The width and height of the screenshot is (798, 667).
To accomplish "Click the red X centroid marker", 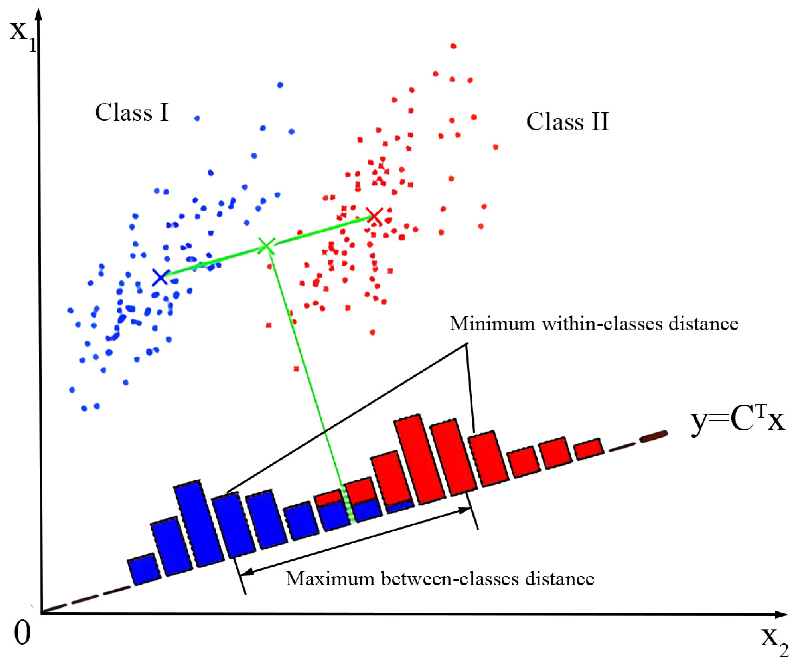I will (x=375, y=217).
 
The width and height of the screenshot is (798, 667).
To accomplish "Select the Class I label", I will (x=132, y=113).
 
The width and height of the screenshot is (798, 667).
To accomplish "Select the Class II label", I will (x=567, y=122).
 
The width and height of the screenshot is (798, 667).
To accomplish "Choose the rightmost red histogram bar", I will (x=589, y=449).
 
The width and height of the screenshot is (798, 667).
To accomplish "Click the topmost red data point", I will (x=453, y=46).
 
